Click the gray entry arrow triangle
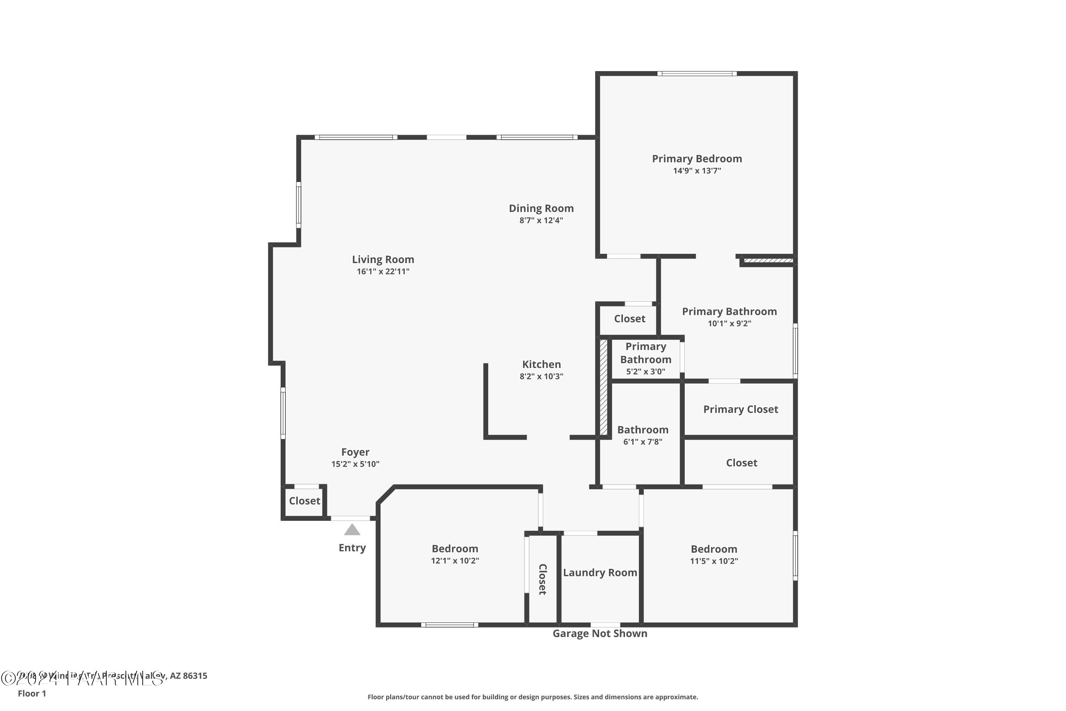point(352,530)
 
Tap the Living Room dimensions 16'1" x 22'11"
point(383,272)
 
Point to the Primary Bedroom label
point(696,159)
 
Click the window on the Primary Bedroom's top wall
point(696,74)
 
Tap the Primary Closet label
point(740,410)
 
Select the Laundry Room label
point(600,573)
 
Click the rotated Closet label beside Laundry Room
point(542,579)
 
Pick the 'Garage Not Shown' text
point(600,634)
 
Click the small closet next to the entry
point(304,501)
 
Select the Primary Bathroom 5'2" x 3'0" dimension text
point(645,372)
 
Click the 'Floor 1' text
point(32,693)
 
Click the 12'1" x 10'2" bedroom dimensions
point(454,561)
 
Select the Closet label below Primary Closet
point(742,463)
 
